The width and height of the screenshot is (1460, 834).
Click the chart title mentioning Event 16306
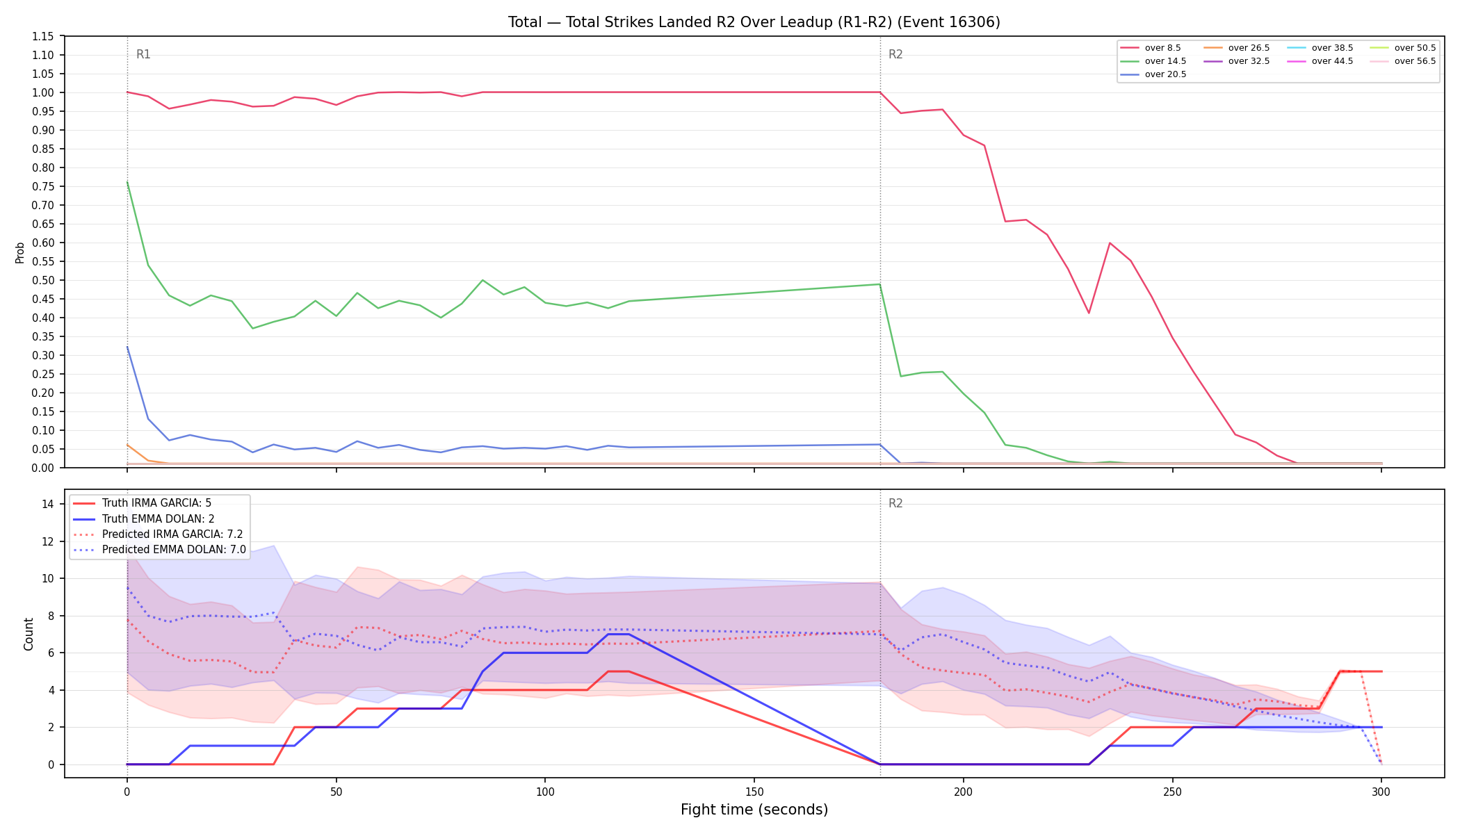(754, 22)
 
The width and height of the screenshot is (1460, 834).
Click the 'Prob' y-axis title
(20, 252)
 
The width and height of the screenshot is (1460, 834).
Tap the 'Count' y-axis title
(29, 634)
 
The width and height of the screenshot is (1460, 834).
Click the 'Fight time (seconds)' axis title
(754, 810)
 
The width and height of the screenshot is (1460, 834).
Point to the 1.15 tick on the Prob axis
(44, 36)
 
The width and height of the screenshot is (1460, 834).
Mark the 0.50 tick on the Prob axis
(44, 280)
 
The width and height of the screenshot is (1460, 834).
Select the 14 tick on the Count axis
(48, 504)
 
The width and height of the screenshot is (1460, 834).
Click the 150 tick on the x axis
(754, 791)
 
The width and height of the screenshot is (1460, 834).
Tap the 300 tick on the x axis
(1381, 791)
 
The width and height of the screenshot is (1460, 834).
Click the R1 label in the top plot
(143, 54)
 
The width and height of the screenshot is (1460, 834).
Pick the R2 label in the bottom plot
(895, 503)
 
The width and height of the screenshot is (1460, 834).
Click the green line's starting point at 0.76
(127, 182)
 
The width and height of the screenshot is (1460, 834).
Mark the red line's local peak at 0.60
(1110, 243)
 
